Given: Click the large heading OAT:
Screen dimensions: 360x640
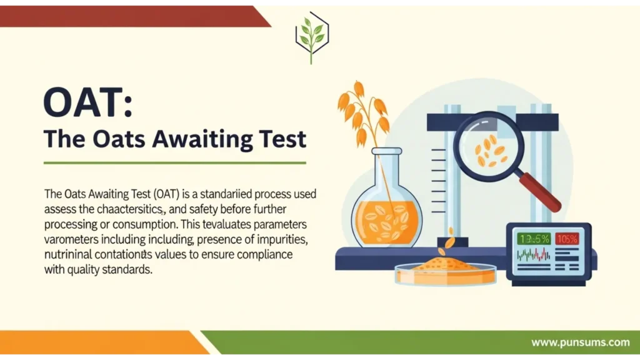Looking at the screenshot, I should coord(87,103).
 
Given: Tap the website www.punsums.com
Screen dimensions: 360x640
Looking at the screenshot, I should coord(580,342).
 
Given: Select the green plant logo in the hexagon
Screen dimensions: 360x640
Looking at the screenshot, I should coord(312,36).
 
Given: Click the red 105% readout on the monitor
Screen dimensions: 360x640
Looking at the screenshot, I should coord(566,238).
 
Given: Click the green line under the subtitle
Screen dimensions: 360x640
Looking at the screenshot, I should coord(174,162).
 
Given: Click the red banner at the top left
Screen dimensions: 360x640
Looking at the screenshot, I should coord(125,16).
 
